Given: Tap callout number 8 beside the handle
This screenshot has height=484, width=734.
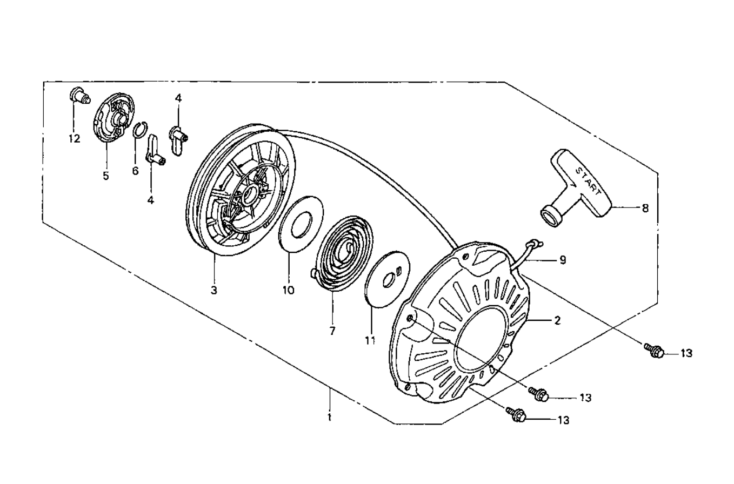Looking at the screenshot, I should (x=645, y=207).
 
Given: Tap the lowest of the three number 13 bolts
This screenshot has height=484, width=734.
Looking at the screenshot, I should (x=516, y=414).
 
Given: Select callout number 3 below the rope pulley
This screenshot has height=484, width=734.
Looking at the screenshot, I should (x=214, y=290).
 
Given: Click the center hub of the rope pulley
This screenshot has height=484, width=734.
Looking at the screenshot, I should (x=250, y=193).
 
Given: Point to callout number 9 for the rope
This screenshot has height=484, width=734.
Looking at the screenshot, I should (x=563, y=260).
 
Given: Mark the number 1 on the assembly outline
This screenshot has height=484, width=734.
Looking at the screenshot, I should (x=330, y=417).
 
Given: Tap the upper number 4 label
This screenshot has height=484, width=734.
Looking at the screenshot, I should (x=178, y=98).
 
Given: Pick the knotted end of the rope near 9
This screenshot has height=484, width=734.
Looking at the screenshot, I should (x=535, y=244).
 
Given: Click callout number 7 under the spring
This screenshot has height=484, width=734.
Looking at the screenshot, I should (x=332, y=330).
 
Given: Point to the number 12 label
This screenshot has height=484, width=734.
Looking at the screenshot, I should (x=74, y=139).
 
